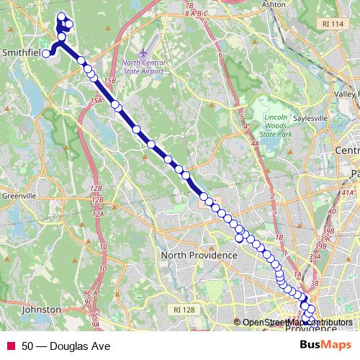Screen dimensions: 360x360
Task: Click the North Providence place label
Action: pyautogui.click(x=199, y=256)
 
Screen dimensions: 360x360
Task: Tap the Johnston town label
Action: pyautogui.click(x=41, y=309)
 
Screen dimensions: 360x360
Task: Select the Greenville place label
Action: pyautogui.click(x=19, y=196)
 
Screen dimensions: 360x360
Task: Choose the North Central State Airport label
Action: pyautogui.click(x=144, y=67)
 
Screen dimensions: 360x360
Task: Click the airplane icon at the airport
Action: pyautogui.click(x=144, y=53)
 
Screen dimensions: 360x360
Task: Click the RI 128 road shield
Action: pyautogui.click(x=184, y=309)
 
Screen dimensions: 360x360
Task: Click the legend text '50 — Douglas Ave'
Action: pyautogui.click(x=66, y=346)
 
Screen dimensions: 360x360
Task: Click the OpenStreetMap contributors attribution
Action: pyautogui.click(x=297, y=323)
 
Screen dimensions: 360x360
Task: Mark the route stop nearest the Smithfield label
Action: pyautogui.click(x=45, y=53)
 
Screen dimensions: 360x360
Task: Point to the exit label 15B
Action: pyautogui.click(x=110, y=80)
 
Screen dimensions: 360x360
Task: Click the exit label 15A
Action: pyautogui.click(x=96, y=102)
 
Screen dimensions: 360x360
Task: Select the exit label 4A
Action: pyautogui.click(x=255, y=144)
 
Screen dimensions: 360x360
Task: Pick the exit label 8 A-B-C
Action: pyautogui.click(x=196, y=14)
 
